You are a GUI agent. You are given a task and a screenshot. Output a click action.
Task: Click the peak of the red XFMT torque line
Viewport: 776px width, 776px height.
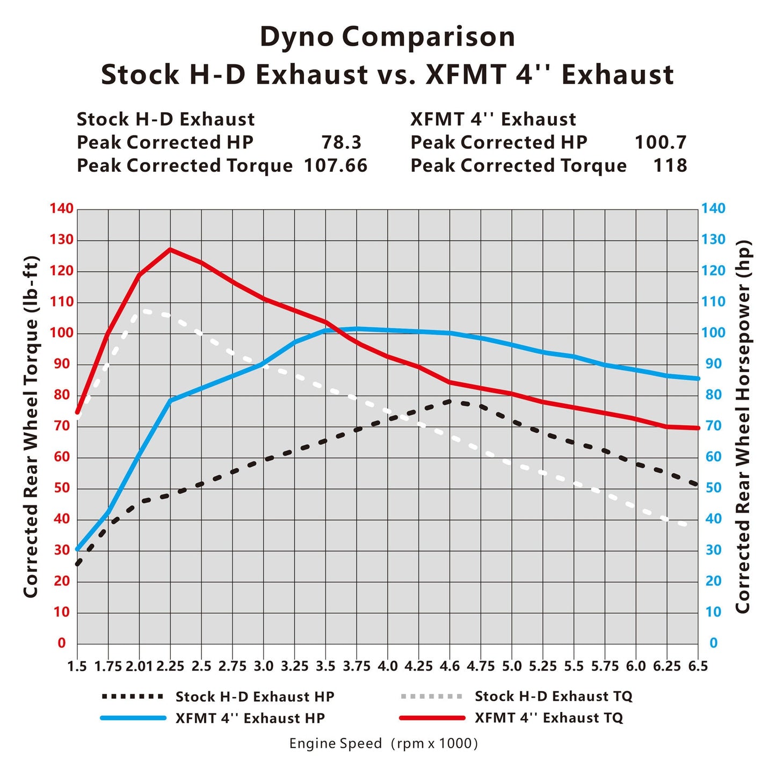tap(170, 249)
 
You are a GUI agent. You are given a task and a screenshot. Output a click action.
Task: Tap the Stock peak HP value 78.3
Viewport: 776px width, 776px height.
tap(342, 142)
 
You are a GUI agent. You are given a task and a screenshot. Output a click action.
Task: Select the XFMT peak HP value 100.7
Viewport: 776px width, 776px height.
tap(660, 142)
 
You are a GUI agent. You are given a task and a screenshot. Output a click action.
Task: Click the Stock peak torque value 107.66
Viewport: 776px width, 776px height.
tap(336, 165)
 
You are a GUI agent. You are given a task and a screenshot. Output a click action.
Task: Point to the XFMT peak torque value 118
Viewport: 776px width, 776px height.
tap(670, 165)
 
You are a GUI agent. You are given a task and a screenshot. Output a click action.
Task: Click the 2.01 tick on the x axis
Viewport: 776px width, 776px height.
tap(139, 666)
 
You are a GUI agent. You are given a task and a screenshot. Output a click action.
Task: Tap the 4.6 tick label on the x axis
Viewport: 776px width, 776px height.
tap(449, 666)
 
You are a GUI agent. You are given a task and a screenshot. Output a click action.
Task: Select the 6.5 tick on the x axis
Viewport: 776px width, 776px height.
tap(698, 666)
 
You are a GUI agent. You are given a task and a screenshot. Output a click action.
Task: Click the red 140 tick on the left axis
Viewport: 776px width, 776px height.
tap(62, 208)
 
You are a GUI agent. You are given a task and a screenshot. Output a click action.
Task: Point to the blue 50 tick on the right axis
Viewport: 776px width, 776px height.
tap(713, 488)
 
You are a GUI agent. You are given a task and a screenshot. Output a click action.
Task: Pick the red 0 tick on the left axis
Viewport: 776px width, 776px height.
tap(62, 643)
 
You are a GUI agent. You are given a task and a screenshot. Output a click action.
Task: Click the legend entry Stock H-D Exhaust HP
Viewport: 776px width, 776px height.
tap(255, 697)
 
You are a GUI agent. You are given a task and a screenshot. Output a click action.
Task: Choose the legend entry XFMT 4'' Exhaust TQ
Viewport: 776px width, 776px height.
tap(548, 718)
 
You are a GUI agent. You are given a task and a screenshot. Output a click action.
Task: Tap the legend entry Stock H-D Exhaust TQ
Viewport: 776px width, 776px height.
tap(553, 697)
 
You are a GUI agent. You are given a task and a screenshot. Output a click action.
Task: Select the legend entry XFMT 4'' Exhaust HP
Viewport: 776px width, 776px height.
tap(250, 719)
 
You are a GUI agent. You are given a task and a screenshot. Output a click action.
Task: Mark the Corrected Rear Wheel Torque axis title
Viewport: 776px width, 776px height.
tap(31, 427)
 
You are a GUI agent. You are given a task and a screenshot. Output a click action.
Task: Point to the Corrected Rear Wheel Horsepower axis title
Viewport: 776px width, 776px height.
tap(743, 427)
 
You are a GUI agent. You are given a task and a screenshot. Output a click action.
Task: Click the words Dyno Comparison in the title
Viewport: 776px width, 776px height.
tap(387, 37)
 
